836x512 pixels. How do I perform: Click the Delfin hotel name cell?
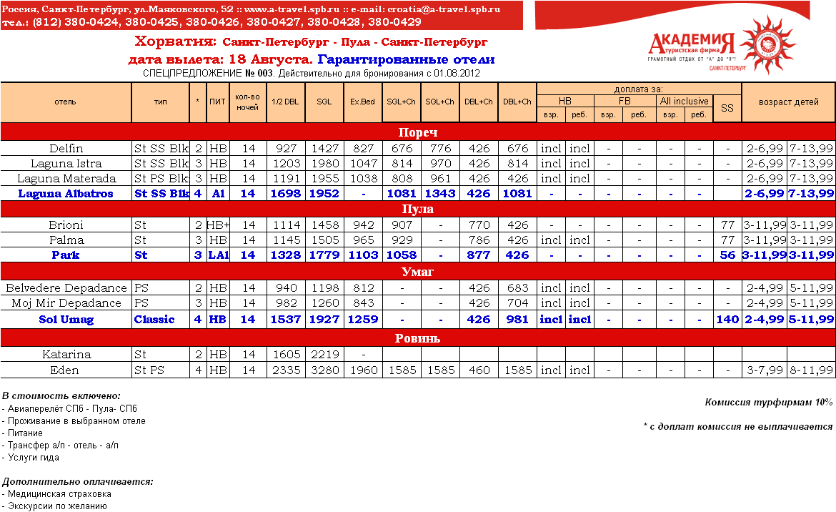[x=66, y=149]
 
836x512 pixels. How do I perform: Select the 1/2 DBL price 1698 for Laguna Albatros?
[x=285, y=194]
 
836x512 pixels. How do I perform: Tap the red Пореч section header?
[x=417, y=132]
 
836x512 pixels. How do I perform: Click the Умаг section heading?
[x=417, y=272]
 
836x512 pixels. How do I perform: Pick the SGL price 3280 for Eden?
[x=324, y=370]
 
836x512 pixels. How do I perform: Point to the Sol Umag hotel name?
[x=66, y=320]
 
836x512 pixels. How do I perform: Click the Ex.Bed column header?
[x=362, y=102]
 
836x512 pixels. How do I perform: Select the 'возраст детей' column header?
[x=788, y=102]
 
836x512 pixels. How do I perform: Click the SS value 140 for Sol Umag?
[x=727, y=320]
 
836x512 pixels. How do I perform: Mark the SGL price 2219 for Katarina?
[x=324, y=355]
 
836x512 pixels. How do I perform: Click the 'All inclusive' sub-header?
[x=684, y=102]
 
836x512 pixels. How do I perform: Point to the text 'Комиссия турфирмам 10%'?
[x=768, y=403]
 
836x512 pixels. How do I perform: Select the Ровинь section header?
[x=417, y=338]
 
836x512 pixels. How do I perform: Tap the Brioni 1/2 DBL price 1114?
[x=285, y=225]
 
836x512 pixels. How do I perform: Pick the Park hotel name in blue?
[x=66, y=255]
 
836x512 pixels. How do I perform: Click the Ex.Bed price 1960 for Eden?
[x=362, y=370]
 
